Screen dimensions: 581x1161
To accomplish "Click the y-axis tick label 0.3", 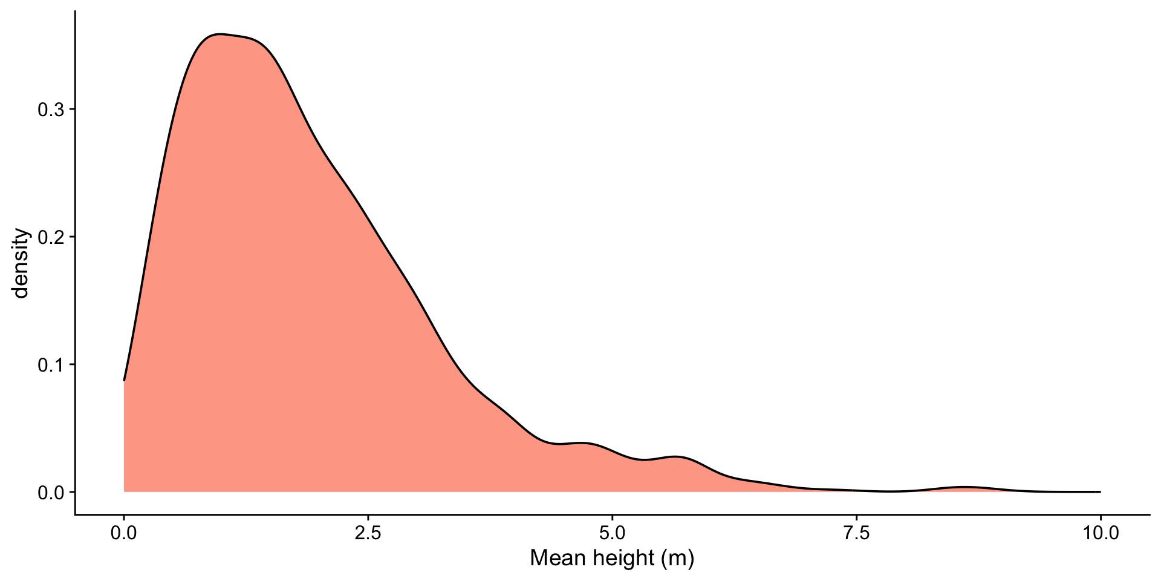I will (51, 110).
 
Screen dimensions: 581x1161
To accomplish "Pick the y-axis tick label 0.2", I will (51, 237).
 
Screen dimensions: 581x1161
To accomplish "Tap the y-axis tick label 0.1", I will (51, 365).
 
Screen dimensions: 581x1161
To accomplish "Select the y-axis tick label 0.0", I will (51, 493).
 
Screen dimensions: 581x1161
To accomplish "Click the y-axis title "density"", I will (22, 263).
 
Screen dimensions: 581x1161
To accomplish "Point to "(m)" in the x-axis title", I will (677, 557).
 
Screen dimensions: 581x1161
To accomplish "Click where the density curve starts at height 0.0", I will (124, 380).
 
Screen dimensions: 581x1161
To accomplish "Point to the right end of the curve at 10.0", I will (1100, 491).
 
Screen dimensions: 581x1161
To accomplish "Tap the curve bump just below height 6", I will (677, 457).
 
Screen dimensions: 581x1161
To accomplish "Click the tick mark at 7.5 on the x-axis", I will (856, 519).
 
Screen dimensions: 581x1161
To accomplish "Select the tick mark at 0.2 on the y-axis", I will (71, 237).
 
